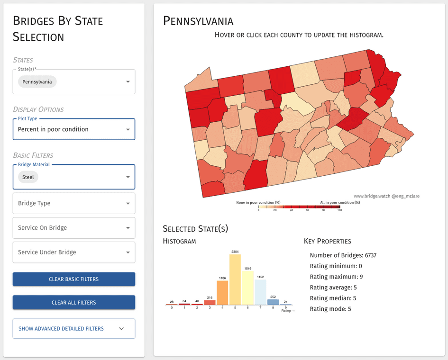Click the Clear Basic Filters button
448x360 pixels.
tap(73, 279)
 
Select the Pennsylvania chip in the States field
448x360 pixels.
tap(37, 81)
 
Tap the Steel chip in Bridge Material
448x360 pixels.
tap(28, 177)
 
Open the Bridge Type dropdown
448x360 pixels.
tap(73, 203)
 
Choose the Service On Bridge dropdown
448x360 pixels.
tap(73, 228)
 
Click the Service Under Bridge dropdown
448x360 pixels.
tap(73, 252)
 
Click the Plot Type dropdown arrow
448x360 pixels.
tap(128, 129)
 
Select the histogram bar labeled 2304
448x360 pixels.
tap(235, 279)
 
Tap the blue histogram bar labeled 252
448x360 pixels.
tap(273, 302)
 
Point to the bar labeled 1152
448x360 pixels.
tap(260, 292)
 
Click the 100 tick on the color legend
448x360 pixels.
tap(339, 210)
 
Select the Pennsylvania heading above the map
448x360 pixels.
tap(198, 21)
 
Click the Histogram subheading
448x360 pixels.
tap(179, 241)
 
